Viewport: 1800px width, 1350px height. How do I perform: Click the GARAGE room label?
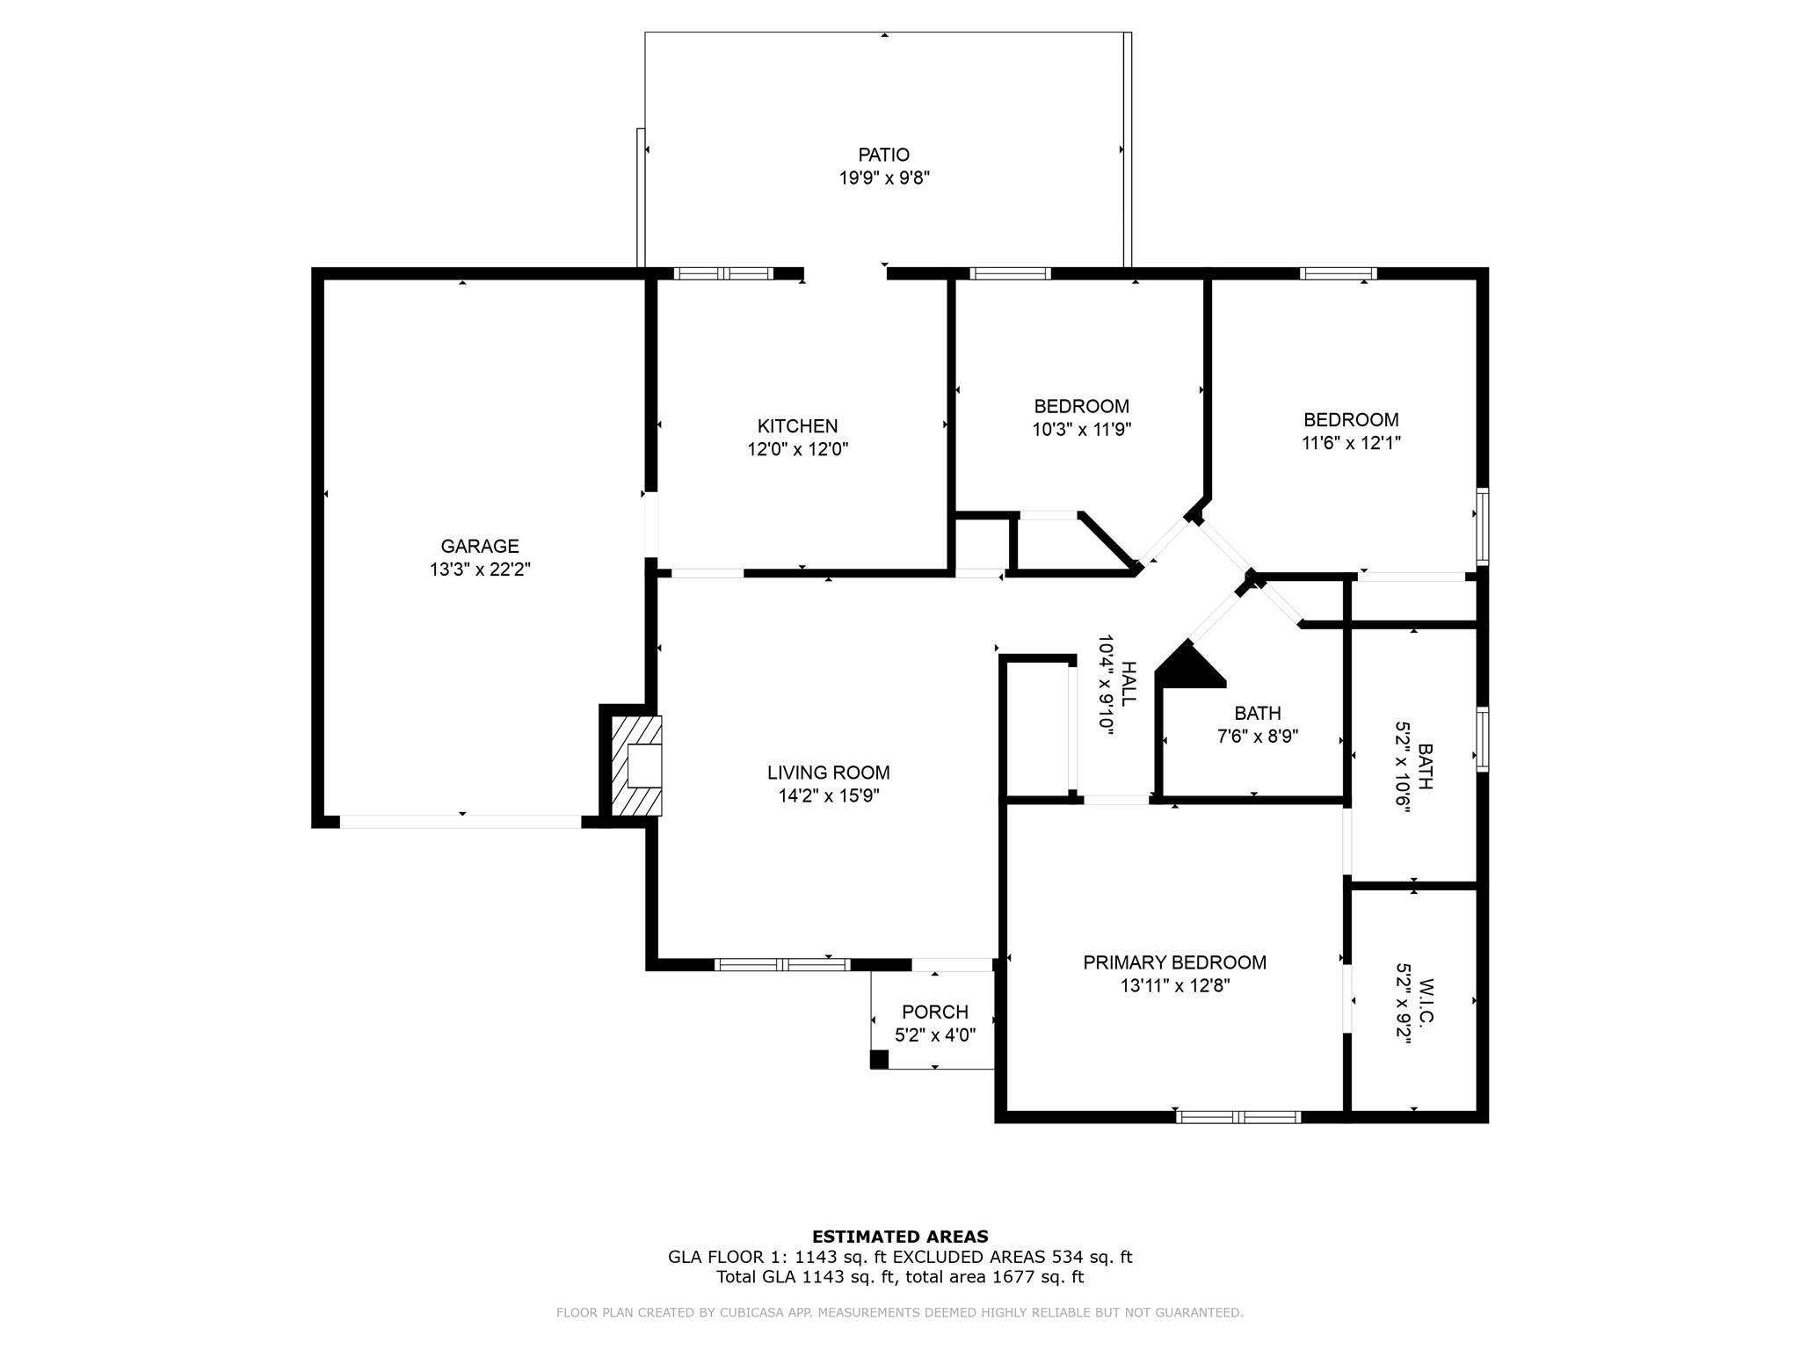480,546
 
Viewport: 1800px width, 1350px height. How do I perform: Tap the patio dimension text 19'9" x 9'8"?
884,178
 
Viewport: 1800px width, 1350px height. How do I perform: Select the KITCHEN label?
797,426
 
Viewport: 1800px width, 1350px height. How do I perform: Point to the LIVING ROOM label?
828,773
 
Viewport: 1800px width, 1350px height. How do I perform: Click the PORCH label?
934,1012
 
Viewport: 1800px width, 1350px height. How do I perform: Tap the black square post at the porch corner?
879,1060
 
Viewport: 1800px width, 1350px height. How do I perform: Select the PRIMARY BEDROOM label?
1174,962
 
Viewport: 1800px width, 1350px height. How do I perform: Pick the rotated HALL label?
1129,683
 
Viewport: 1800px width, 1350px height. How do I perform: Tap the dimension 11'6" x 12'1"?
1351,443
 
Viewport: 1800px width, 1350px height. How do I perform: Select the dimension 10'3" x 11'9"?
1081,430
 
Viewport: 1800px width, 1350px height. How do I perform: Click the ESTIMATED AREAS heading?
900,1237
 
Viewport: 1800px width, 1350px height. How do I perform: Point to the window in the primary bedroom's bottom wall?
1238,1117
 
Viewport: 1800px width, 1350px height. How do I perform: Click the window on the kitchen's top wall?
723,273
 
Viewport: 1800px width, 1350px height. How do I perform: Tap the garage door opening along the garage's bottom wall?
461,822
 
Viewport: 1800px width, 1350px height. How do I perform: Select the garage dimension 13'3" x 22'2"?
480,570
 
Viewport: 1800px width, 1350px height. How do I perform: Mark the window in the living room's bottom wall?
782,964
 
